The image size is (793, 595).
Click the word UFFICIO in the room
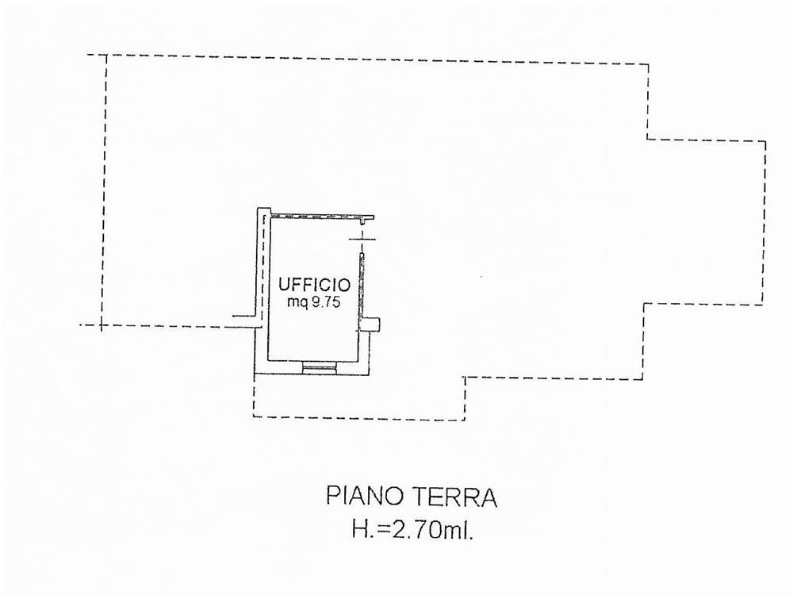314,285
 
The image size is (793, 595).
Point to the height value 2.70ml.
433,531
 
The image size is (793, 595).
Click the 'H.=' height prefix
372,531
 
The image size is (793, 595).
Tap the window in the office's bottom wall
319,368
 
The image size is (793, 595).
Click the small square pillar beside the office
372,324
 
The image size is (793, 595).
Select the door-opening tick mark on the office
363,239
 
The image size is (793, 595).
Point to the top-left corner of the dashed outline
106,55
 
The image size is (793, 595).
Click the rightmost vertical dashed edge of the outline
764,223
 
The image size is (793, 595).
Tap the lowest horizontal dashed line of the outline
359,418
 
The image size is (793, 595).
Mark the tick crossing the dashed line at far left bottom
102,324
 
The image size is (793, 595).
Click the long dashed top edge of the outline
368,59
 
